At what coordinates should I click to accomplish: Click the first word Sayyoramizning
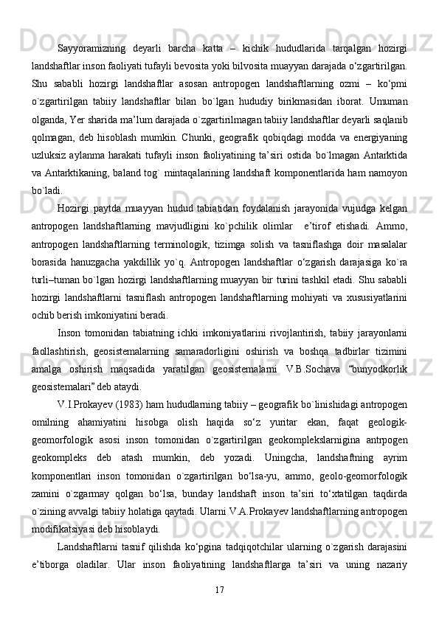click(90, 48)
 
